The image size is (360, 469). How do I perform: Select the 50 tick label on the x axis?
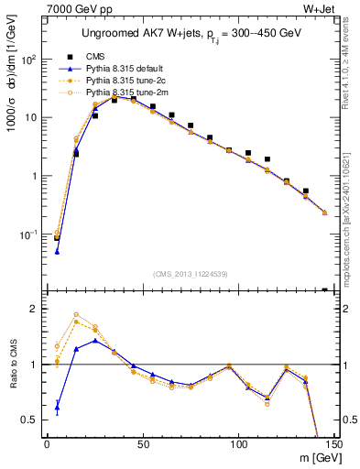coord(142,443)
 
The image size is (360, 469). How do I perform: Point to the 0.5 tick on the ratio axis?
coord(35,420)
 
